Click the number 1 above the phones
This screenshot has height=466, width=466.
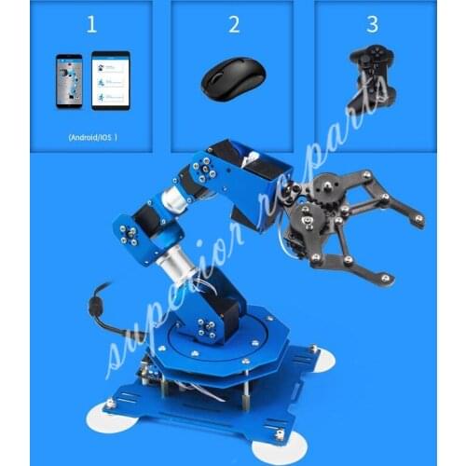91,25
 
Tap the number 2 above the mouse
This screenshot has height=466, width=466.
233,25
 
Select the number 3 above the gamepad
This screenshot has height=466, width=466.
372,25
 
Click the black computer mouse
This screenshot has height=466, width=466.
230,80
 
